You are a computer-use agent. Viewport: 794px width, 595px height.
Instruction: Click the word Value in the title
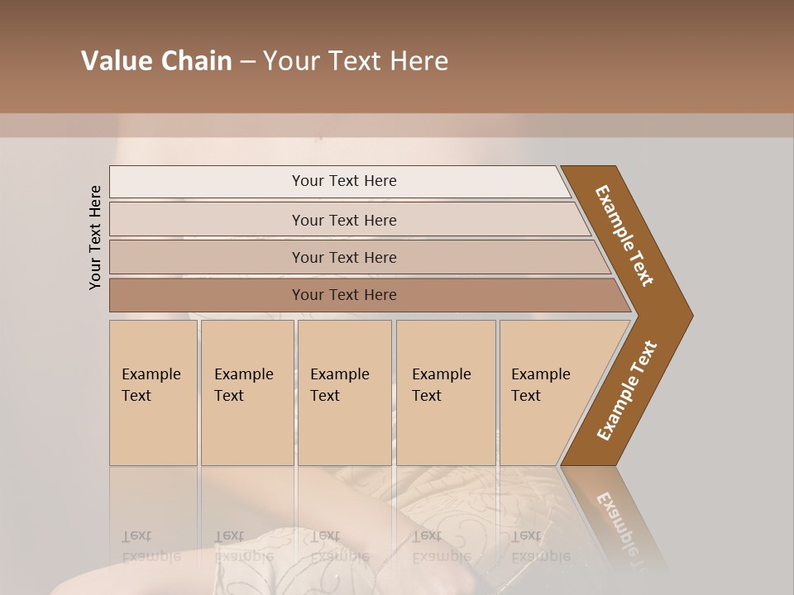[x=115, y=61]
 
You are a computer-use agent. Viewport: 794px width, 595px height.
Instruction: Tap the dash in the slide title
[x=247, y=62]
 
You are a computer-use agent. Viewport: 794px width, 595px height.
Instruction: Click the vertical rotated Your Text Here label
[x=95, y=237]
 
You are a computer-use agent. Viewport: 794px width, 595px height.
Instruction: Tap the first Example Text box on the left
[x=153, y=393]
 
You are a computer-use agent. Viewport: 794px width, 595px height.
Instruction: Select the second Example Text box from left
[x=246, y=393]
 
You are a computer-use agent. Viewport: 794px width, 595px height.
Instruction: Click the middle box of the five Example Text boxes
[x=344, y=393]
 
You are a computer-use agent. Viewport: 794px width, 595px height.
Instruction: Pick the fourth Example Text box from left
[x=446, y=393]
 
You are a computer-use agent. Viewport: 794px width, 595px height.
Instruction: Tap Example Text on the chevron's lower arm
[x=626, y=391]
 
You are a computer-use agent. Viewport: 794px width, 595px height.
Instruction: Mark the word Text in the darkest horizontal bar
[x=344, y=295]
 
